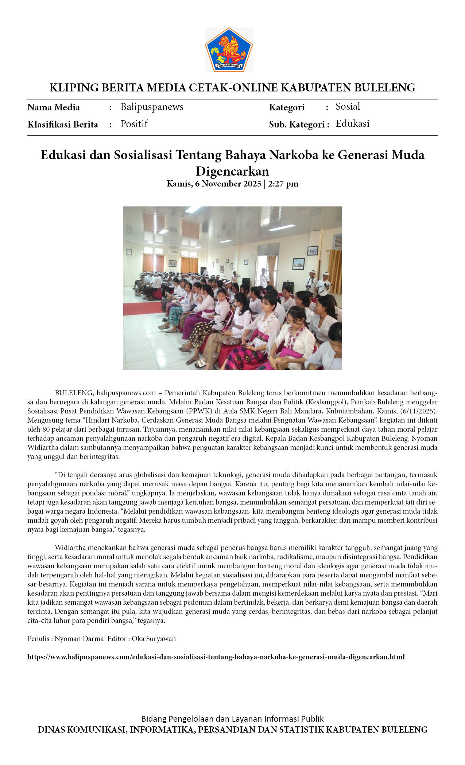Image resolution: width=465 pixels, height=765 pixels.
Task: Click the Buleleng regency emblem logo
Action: [x=229, y=50]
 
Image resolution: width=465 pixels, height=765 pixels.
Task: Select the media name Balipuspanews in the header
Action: [x=152, y=107]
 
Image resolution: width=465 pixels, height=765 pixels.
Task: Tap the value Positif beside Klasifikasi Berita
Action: [x=134, y=124]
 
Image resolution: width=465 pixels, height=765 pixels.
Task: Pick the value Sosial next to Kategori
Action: [x=348, y=107]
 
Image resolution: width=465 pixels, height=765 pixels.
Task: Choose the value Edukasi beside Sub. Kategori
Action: [x=352, y=124]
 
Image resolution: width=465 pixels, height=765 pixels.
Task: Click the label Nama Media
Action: [x=54, y=107]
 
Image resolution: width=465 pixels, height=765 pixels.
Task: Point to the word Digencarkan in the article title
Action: [x=232, y=171]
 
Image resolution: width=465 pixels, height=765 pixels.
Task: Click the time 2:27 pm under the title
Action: [x=283, y=184]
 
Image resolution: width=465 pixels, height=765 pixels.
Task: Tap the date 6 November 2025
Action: [x=228, y=184]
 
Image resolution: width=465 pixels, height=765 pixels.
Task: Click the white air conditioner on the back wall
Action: [x=174, y=251]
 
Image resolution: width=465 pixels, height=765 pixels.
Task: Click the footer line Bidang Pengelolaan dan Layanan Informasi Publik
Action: [x=232, y=719]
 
